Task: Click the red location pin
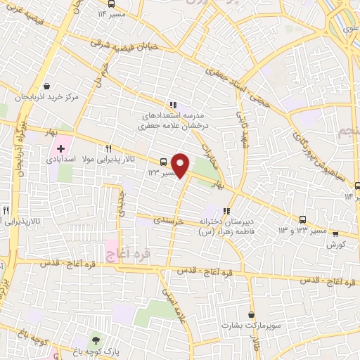point(181,165)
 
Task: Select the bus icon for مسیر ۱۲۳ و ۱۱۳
point(302,219)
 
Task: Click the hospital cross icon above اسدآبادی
point(60,149)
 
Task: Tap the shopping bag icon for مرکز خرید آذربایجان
point(46,86)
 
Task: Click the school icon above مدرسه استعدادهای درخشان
point(173,105)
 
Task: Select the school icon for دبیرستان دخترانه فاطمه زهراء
point(226,210)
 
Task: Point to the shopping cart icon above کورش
point(335,234)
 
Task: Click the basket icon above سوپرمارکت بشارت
point(252,314)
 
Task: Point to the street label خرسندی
point(169,221)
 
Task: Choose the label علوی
point(348,31)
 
